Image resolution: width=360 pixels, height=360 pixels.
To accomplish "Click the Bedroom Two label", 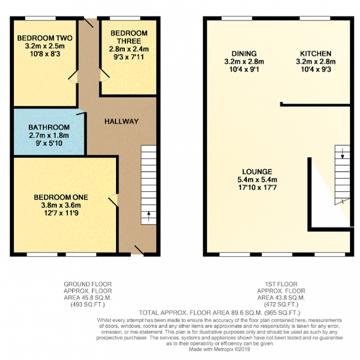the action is coord(45,38).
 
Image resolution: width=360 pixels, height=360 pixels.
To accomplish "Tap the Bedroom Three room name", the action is coord(129,37).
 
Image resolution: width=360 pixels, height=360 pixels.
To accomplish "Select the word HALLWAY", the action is coord(122,121).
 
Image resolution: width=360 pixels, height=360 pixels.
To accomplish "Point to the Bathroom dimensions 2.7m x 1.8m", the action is coord(49,135).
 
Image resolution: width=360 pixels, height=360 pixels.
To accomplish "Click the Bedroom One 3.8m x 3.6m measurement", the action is coord(61,205).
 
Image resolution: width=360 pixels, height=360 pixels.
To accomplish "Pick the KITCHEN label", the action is coord(316,54).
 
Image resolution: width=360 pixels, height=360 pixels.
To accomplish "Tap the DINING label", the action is coord(244,54).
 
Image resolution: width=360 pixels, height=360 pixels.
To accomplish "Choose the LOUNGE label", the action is coord(257,172).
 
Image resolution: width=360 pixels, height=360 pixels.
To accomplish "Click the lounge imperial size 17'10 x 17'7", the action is coord(257,187).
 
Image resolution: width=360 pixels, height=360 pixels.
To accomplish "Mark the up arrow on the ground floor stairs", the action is coord(148,216).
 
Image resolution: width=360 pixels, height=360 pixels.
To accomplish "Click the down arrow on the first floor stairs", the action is coord(342,153).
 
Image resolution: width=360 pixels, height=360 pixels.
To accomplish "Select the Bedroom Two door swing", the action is coord(73,77).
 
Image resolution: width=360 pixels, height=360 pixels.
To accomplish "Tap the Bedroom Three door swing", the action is coord(105,75).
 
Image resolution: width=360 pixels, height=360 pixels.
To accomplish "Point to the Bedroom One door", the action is coord(113,200).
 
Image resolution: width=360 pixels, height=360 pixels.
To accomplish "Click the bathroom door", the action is coord(81,112).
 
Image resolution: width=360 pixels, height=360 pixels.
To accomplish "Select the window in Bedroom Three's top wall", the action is coord(125,18).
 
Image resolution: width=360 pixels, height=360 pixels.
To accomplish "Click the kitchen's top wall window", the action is coord(315,18).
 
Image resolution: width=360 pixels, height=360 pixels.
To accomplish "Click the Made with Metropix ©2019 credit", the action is coord(220,350).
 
